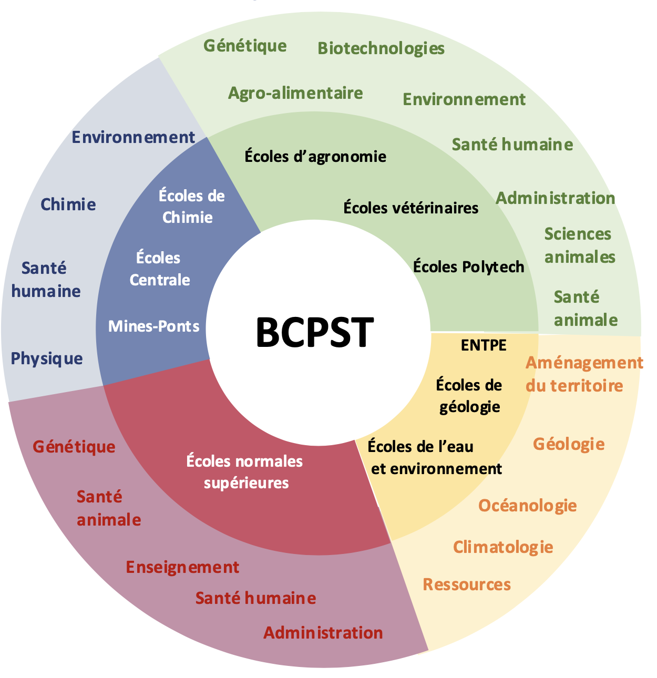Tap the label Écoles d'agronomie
click(315, 156)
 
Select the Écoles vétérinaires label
click(410, 208)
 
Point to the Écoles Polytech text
click(468, 266)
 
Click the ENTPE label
click(484, 345)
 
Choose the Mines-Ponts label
click(153, 326)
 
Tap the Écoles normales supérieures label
click(245, 471)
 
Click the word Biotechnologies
click(381, 48)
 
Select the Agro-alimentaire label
click(295, 93)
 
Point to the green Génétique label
click(245, 46)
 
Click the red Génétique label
click(74, 447)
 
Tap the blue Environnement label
click(133, 137)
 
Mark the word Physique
click(47, 359)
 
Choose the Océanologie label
click(527, 506)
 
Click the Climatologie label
click(503, 547)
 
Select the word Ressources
click(467, 584)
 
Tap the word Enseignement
click(182, 567)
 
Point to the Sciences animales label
click(579, 245)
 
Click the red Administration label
click(323, 632)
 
